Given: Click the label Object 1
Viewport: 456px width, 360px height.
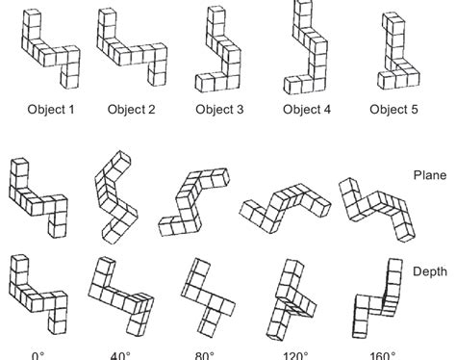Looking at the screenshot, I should [x=49, y=109].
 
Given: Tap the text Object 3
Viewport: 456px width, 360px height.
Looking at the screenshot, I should [x=219, y=109].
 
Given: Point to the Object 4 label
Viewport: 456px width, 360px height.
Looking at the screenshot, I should [x=306, y=109].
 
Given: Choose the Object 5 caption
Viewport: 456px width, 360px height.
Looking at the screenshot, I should [x=393, y=109].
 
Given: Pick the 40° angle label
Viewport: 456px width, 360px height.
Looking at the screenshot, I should [x=120, y=354].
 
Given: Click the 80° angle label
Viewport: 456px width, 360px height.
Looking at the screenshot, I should [x=203, y=354].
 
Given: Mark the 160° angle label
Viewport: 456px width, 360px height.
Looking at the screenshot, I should [x=372, y=354].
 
